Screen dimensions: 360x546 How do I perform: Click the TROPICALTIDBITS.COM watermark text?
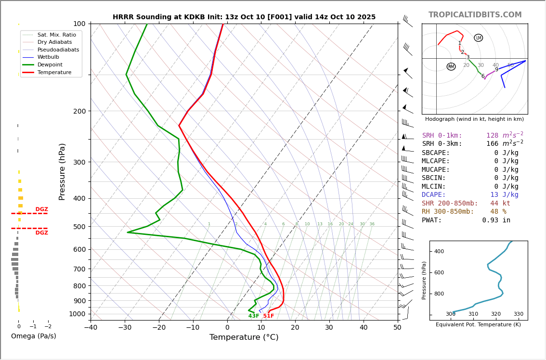tap(475, 15)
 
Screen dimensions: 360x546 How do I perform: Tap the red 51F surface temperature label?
tap(268, 316)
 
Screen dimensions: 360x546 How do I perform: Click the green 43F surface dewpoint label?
tap(254, 316)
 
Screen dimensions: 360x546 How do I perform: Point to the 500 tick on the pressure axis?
tap(79, 227)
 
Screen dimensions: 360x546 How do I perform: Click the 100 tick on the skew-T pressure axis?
tap(79, 24)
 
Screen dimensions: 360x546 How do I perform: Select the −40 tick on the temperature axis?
tap(91, 328)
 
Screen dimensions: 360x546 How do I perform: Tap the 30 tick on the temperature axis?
tap(329, 328)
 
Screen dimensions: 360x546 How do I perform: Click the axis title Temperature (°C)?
tap(244, 338)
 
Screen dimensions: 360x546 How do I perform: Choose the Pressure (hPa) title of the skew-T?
tap(62, 171)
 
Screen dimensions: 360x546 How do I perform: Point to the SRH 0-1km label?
tap(442, 136)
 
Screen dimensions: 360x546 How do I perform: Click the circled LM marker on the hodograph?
tap(478, 38)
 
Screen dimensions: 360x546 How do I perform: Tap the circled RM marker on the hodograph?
tap(451, 66)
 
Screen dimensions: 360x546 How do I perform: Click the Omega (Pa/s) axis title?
tap(33, 336)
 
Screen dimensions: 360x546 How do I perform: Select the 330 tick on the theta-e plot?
tap(518, 314)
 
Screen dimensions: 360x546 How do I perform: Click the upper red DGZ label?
tap(41, 209)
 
